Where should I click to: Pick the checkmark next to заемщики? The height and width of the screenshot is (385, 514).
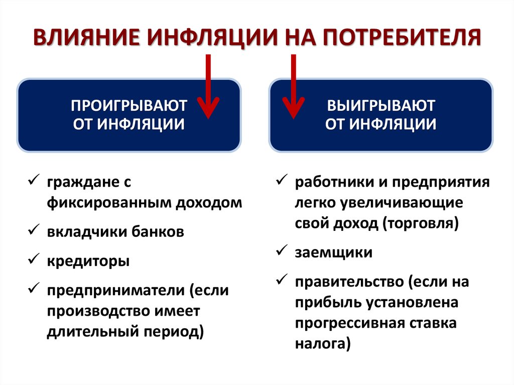point(282,251)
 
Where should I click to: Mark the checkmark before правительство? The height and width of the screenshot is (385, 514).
point(282,281)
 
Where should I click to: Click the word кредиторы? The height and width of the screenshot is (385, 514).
point(89,262)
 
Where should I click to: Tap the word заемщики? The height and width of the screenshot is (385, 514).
point(334,252)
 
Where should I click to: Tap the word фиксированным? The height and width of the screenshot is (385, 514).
point(109,203)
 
